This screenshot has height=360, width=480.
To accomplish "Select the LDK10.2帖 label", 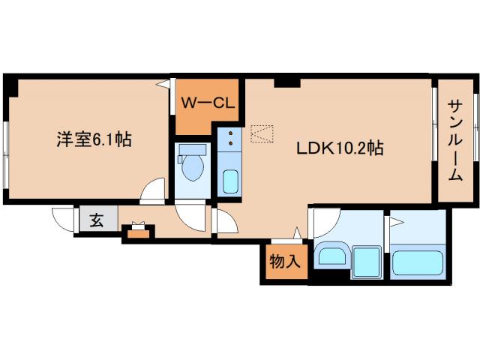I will pos(338,148).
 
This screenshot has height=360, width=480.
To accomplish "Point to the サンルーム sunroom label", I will pos(454,141).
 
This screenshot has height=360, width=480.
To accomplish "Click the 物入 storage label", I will pos(285,262).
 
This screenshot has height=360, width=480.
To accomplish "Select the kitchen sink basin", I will pos(230,181).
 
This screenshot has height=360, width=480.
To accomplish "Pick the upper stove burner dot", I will pos(230,133).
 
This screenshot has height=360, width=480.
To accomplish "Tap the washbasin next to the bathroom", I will pos(331,256).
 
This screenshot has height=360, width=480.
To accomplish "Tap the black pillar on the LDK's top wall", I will pos(286,82).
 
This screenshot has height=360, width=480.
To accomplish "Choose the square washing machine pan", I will pos(367,261).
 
